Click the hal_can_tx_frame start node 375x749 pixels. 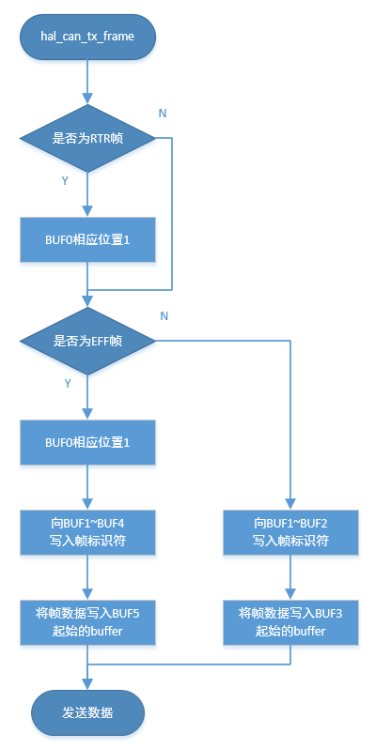click(x=87, y=37)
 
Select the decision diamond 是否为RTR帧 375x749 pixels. click(x=87, y=138)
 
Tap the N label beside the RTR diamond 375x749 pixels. click(x=163, y=113)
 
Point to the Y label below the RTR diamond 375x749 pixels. click(x=65, y=180)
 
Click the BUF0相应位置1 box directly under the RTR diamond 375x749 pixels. click(x=87, y=240)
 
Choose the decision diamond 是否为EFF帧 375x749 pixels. click(x=87, y=341)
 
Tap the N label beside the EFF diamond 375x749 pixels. click(x=164, y=316)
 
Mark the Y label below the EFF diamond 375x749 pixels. click(x=67, y=383)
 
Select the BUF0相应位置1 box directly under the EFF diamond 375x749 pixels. click(x=87, y=442)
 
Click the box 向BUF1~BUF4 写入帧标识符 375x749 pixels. click(x=87, y=532)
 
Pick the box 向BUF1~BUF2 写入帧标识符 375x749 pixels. click(x=290, y=532)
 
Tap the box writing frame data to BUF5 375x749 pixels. click(x=87, y=621)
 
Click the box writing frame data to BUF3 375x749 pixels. click(x=290, y=621)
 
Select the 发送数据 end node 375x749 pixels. click(x=87, y=712)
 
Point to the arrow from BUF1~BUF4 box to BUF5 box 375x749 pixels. click(x=87, y=577)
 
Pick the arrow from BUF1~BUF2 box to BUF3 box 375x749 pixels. click(x=290, y=577)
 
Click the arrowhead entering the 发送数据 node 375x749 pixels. click(x=87, y=685)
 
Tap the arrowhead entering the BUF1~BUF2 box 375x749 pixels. click(x=290, y=504)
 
